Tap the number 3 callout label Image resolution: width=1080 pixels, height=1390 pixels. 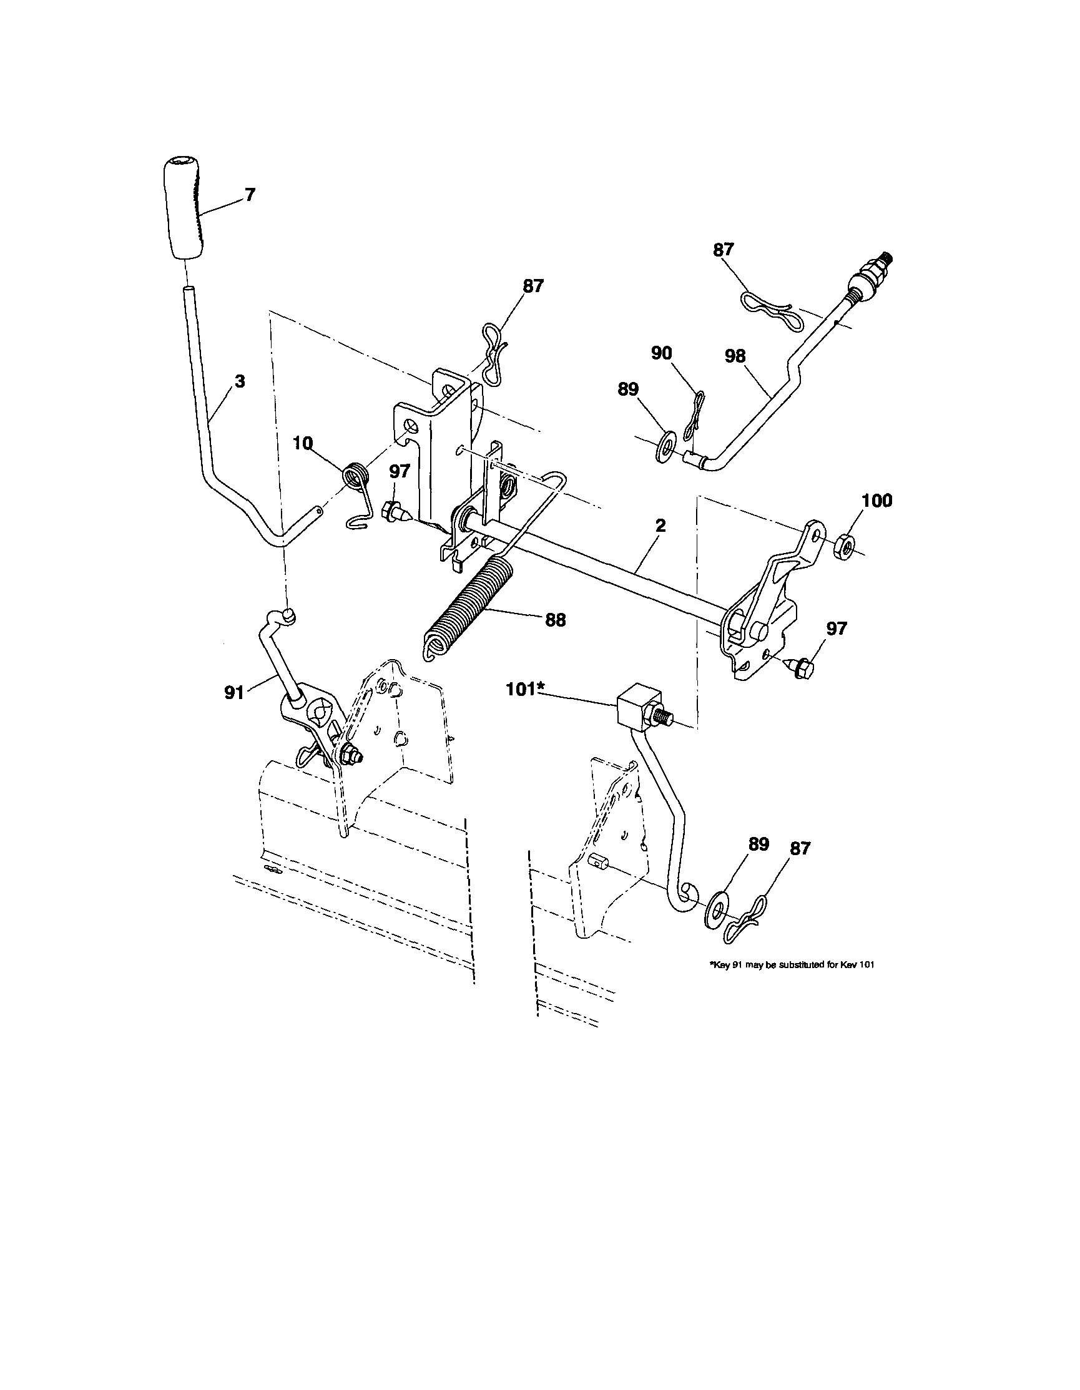(239, 382)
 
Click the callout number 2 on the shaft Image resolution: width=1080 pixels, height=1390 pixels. (660, 526)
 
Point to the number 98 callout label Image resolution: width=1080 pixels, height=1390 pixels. (735, 356)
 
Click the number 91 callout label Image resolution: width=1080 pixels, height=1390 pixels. (234, 692)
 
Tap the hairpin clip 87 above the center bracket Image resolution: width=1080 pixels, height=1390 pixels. (494, 353)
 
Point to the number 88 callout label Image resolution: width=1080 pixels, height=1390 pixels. (555, 620)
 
